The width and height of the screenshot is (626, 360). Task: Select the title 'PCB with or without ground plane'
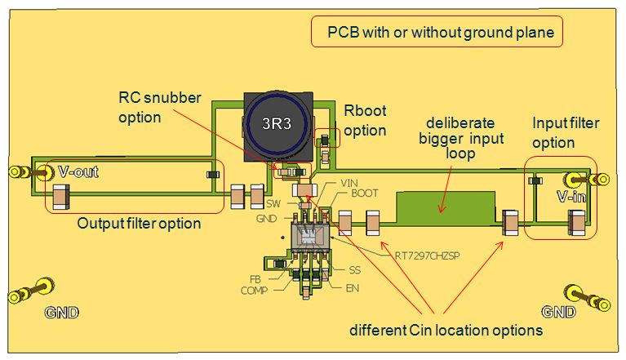pos(437,33)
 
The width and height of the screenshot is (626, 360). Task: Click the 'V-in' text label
pos(571,197)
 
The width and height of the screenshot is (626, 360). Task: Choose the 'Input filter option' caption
pos(565,132)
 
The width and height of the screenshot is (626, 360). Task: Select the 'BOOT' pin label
pos(364,193)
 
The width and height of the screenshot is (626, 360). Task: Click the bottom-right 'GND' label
pos(558,312)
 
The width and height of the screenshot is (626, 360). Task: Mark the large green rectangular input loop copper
pos(445,207)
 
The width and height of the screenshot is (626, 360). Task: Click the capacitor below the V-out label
pos(60,196)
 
